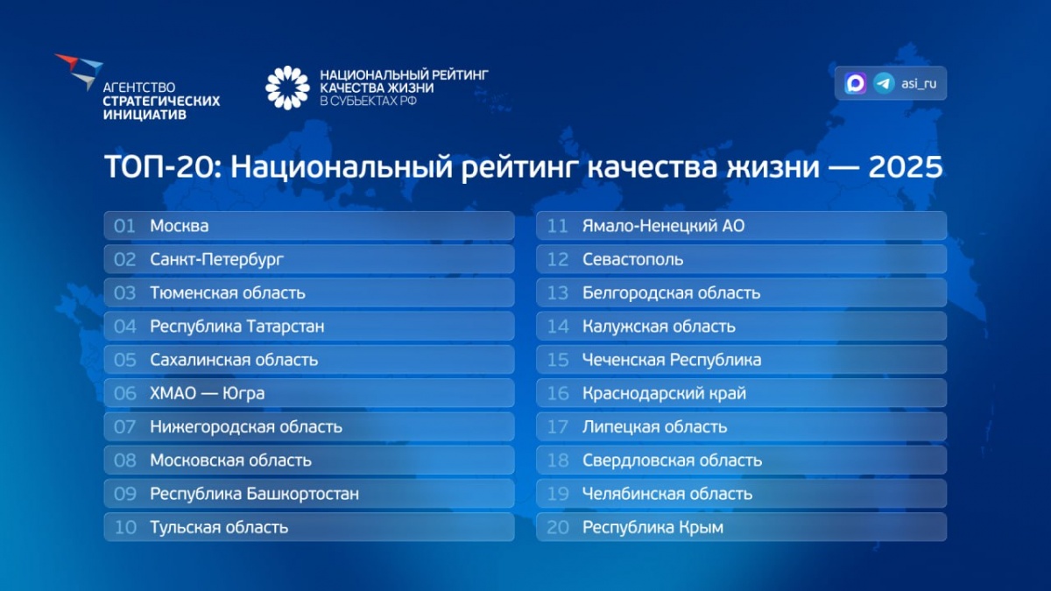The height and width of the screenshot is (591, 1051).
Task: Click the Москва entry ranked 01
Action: point(180,226)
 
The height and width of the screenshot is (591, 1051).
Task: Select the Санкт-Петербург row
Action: point(217,259)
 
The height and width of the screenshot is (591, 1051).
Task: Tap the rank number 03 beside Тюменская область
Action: point(124,293)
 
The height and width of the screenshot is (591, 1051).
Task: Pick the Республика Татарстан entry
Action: point(237,327)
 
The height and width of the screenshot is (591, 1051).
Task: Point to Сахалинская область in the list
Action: point(234,360)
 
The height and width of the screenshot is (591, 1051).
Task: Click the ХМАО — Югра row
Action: point(208,393)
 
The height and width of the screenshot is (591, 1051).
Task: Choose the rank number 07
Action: point(124,427)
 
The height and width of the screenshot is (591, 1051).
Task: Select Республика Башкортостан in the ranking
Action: point(254,494)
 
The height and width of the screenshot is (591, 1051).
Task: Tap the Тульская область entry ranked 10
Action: point(219,527)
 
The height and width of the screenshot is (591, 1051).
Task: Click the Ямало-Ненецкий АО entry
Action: point(663,226)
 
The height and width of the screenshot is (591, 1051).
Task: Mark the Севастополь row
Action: point(633,259)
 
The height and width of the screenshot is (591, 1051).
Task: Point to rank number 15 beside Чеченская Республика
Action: point(558,360)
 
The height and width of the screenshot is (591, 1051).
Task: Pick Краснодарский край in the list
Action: point(664,393)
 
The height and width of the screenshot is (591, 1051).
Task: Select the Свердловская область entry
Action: point(672,461)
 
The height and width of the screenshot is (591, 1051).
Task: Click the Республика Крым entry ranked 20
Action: point(652,527)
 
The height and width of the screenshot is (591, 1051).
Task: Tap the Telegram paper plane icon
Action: point(884,83)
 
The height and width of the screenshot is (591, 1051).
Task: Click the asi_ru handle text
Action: point(919,83)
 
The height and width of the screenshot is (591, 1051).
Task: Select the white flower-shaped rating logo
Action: point(287,88)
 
